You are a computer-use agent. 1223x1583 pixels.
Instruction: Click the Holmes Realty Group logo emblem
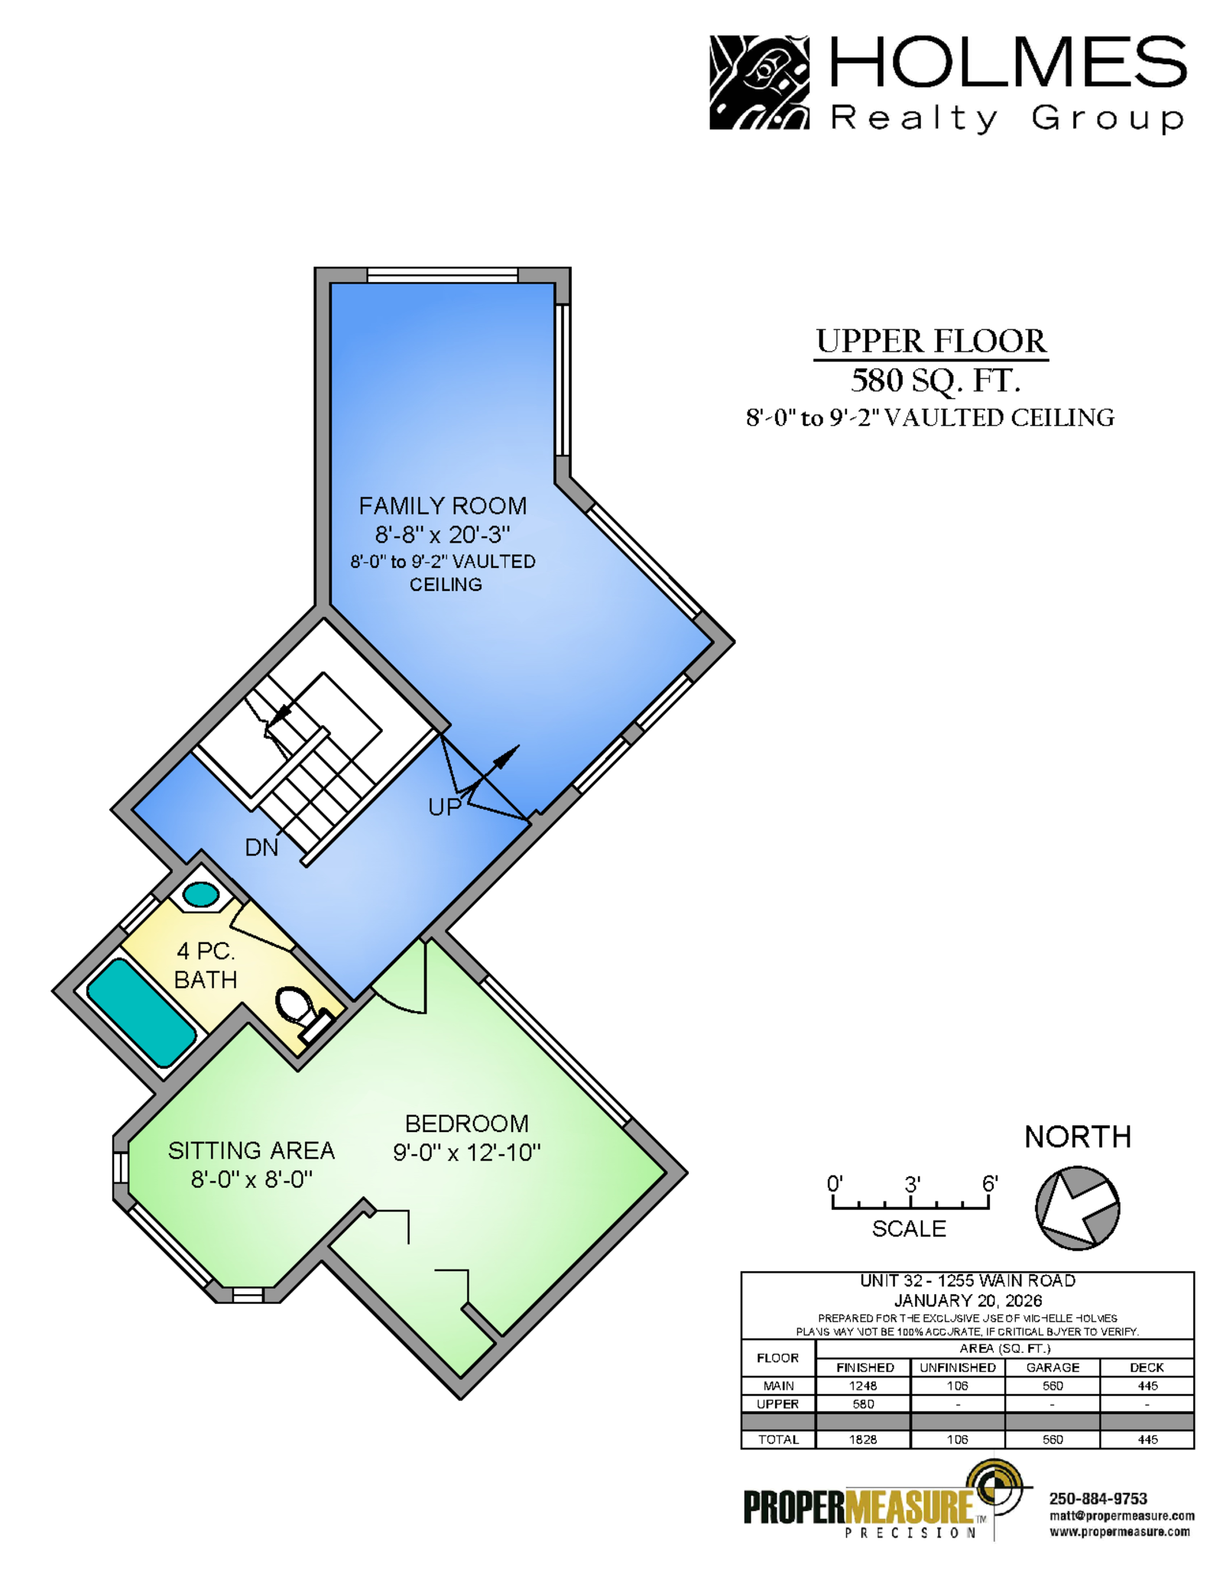(x=759, y=83)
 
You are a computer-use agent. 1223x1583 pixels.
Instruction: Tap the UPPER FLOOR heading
(x=931, y=342)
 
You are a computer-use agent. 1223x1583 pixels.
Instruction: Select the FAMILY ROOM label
(x=443, y=506)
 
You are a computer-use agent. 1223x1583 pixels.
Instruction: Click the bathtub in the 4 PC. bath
(x=141, y=1012)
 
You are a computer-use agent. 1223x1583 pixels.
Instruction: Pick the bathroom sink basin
(x=201, y=894)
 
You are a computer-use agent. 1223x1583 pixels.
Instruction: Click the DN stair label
(x=261, y=848)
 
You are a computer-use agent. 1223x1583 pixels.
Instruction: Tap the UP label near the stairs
(x=445, y=807)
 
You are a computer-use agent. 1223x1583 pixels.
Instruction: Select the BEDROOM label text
(x=466, y=1124)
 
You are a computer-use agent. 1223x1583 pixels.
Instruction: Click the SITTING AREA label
(x=251, y=1150)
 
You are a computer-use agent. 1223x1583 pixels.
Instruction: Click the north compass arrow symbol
(x=1077, y=1208)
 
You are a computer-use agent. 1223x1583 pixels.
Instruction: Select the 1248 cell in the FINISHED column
(x=863, y=1386)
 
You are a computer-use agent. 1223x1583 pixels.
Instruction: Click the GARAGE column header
(x=1053, y=1367)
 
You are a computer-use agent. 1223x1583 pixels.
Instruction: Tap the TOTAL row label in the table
(x=778, y=1439)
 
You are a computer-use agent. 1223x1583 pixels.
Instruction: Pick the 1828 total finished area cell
(x=863, y=1439)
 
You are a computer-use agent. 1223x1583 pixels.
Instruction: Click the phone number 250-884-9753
(x=1098, y=1499)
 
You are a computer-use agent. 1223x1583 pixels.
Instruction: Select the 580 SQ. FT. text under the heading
(x=936, y=380)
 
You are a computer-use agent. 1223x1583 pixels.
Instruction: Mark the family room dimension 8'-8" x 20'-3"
(x=443, y=534)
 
